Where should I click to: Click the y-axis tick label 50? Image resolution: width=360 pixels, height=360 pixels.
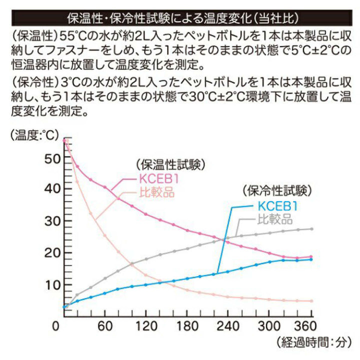click(x=51, y=158)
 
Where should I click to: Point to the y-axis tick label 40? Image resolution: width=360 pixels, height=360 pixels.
click(x=51, y=189)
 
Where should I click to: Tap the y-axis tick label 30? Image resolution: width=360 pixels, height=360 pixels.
click(x=51, y=221)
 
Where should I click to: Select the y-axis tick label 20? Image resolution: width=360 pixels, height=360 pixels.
click(x=51, y=253)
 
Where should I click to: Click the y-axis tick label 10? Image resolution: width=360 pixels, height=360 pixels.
click(x=51, y=285)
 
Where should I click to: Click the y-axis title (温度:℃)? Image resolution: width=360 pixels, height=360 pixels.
click(x=34, y=134)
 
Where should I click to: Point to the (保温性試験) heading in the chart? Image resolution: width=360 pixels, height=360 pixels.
click(x=170, y=164)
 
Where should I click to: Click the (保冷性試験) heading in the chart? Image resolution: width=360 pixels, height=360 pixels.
click(x=277, y=190)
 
